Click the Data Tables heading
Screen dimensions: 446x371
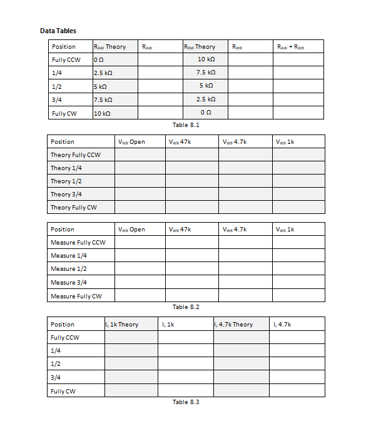[58, 30]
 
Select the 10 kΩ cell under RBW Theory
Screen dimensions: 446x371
[206, 59]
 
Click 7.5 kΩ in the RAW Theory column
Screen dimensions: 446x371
[103, 100]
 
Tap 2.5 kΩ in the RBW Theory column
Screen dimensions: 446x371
[206, 99]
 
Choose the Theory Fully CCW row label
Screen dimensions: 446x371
[76, 155]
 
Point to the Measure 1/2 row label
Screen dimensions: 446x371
[69, 268]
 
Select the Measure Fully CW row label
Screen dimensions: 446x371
[76, 296]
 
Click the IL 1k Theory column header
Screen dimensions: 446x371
[122, 324]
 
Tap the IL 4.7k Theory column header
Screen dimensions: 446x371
[233, 324]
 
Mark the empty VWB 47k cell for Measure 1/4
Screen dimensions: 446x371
[192, 255]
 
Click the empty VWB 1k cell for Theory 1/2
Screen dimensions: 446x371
[298, 181]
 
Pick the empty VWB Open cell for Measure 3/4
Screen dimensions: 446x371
[140, 282]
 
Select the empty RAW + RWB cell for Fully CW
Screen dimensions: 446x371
[298, 113]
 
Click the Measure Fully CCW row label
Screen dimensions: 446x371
[78, 242]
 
